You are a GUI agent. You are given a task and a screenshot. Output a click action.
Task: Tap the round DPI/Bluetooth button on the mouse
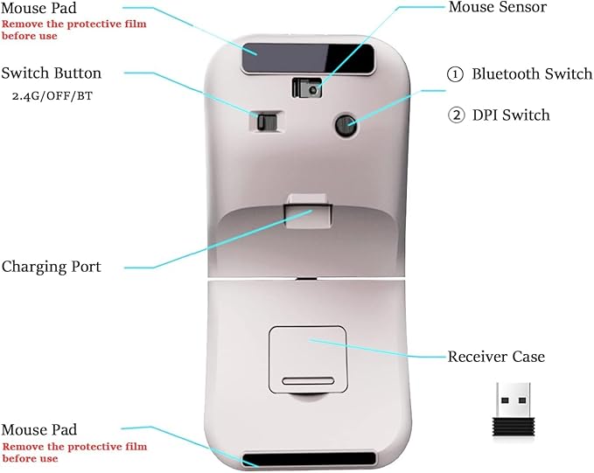347,126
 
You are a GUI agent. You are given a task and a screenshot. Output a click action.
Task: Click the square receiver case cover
310,358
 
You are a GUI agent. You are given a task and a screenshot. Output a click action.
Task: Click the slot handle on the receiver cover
309,381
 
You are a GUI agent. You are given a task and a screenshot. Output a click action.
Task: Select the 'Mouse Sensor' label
497,8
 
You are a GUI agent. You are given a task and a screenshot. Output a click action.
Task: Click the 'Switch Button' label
52,73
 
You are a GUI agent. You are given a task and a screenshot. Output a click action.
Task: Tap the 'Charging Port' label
52,266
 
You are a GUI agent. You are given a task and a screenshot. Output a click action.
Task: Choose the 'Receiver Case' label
496,357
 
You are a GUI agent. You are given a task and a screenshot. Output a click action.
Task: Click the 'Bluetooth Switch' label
520,74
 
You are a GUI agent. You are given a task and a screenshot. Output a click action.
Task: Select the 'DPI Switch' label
511,115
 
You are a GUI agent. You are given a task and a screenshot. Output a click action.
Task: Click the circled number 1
455,74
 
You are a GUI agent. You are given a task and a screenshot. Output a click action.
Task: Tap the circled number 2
455,115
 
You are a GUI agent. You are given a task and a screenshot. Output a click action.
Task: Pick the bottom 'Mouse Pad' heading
38,430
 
